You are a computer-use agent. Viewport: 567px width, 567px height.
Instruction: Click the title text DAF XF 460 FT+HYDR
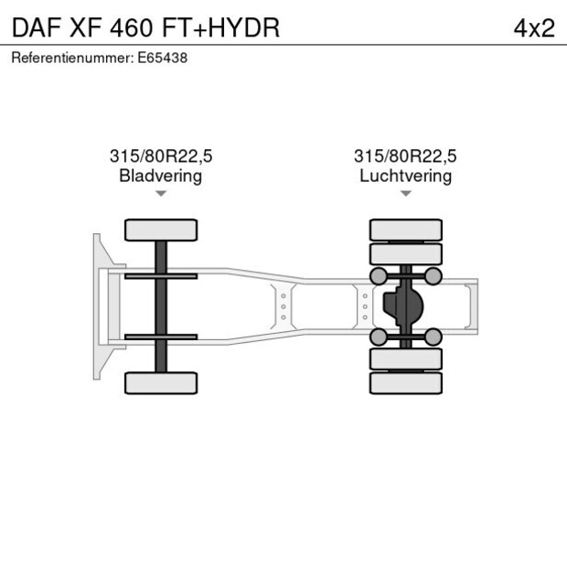(145, 27)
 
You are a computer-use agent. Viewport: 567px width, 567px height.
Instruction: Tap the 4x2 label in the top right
(533, 27)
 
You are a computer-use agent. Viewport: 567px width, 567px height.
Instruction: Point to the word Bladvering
(160, 176)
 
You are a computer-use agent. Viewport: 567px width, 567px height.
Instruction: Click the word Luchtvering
(405, 176)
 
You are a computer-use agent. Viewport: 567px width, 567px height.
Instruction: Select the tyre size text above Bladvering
(160, 156)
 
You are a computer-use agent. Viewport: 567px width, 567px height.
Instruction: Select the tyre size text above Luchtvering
(405, 156)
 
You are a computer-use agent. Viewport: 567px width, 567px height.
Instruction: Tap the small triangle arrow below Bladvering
(161, 194)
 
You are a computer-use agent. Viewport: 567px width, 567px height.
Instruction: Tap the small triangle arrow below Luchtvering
(405, 194)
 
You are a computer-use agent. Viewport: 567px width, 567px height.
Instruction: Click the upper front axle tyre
(161, 230)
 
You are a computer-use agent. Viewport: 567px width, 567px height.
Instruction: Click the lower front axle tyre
(161, 382)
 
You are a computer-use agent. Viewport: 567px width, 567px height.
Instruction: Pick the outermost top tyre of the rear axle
(405, 230)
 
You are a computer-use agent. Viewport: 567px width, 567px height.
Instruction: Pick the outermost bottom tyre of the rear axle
(405, 383)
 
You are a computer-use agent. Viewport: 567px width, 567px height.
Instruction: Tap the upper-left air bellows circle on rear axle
(378, 276)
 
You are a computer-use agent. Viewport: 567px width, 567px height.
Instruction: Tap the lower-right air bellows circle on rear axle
(433, 337)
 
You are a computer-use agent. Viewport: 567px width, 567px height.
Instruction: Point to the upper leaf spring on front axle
(161, 276)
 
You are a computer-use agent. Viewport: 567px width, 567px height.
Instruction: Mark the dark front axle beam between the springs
(161, 306)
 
